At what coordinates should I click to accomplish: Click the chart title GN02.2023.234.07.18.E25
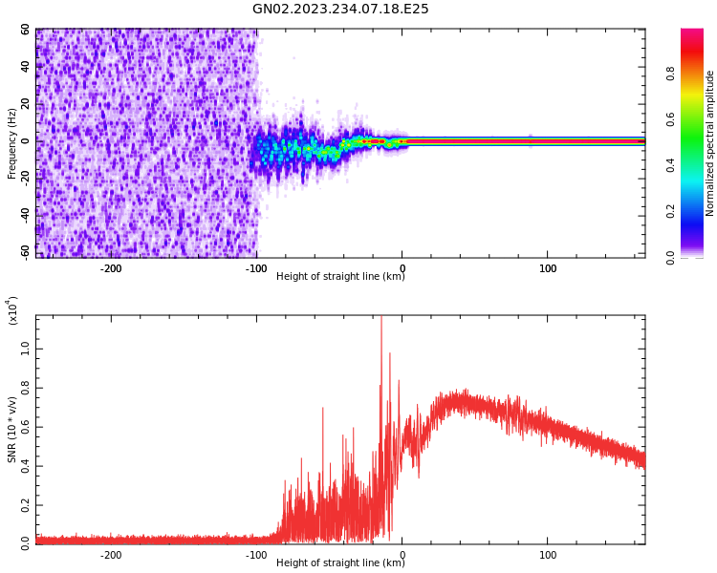click(340, 10)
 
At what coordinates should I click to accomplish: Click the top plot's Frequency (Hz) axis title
click(12, 143)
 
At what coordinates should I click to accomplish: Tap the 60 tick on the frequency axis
click(25, 30)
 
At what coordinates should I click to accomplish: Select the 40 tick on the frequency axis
click(25, 67)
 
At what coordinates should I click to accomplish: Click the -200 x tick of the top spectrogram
click(111, 268)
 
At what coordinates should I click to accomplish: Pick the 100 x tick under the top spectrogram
click(548, 268)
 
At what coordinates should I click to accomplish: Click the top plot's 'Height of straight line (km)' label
click(340, 277)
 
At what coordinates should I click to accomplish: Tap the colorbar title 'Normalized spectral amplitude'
click(710, 143)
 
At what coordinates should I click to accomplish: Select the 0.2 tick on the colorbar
click(697, 212)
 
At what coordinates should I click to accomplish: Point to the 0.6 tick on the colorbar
click(697, 120)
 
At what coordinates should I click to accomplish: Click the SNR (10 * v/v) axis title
click(12, 430)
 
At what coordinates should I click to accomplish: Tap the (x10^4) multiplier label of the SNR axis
click(12, 310)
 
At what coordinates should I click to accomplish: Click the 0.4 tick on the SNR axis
click(25, 466)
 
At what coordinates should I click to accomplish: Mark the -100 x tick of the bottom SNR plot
click(256, 555)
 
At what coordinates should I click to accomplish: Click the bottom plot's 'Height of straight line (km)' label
click(340, 563)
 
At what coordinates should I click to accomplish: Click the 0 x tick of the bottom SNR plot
click(402, 555)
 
